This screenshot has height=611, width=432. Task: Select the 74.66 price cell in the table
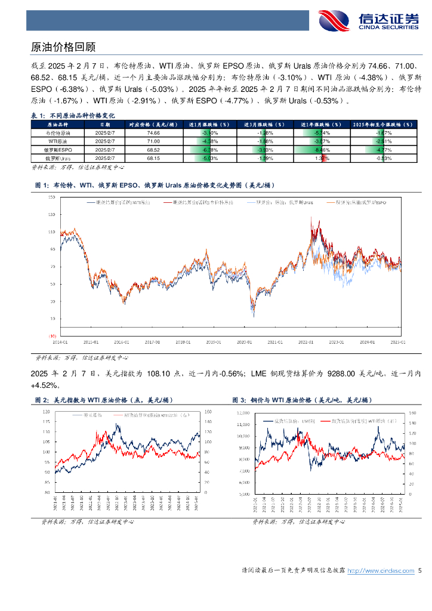pos(153,133)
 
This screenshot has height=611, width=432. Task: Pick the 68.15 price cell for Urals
pos(153,158)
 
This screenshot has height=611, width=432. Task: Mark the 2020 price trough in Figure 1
pos(253,314)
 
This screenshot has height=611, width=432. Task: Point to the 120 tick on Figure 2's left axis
pos(46,412)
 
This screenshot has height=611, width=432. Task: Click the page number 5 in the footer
pos(420,571)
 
